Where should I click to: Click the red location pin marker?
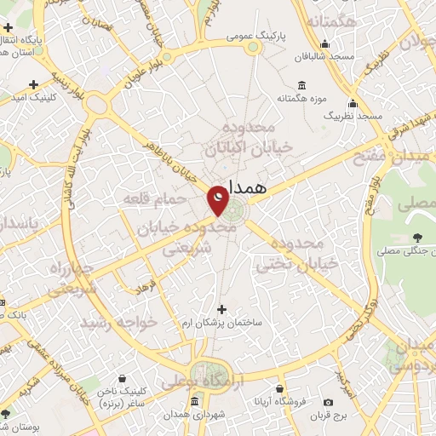click(x=218, y=199)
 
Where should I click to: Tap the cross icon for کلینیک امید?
click(x=33, y=85)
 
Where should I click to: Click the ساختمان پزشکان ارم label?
click(x=221, y=325)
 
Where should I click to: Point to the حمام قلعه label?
click(x=154, y=198)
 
